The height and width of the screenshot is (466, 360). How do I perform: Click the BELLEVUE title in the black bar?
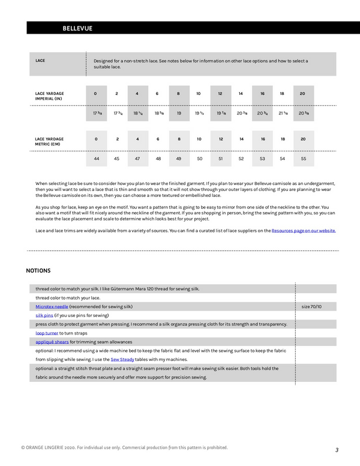tap(77, 28)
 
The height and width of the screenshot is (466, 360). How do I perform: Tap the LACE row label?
tap(41, 61)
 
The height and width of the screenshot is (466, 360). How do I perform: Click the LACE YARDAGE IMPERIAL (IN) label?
tap(50, 96)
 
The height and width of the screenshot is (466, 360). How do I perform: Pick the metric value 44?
tap(96, 159)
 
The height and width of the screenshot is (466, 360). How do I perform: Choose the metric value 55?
tap(304, 159)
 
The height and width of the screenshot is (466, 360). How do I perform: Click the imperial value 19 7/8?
tap(220, 113)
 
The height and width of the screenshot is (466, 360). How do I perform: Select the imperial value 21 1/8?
tap(283, 113)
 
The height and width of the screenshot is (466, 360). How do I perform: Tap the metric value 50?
tap(199, 159)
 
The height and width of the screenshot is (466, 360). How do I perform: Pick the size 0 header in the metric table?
tap(96, 139)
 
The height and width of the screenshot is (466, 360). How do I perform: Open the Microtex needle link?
tap(52, 306)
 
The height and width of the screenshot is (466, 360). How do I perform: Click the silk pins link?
tap(44, 315)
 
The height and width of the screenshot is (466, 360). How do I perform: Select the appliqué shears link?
tap(52, 342)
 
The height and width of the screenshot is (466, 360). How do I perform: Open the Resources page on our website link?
tap(304, 231)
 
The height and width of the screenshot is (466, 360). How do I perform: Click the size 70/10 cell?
tap(311, 306)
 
